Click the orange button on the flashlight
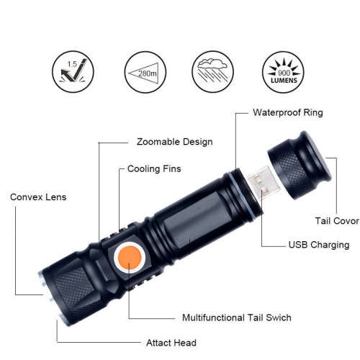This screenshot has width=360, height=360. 130,257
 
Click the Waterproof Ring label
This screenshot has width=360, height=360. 287,113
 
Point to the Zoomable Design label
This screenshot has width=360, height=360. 174,142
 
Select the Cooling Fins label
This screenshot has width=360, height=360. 154,169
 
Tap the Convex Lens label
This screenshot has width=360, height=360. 39,197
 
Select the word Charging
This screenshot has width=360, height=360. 330,245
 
